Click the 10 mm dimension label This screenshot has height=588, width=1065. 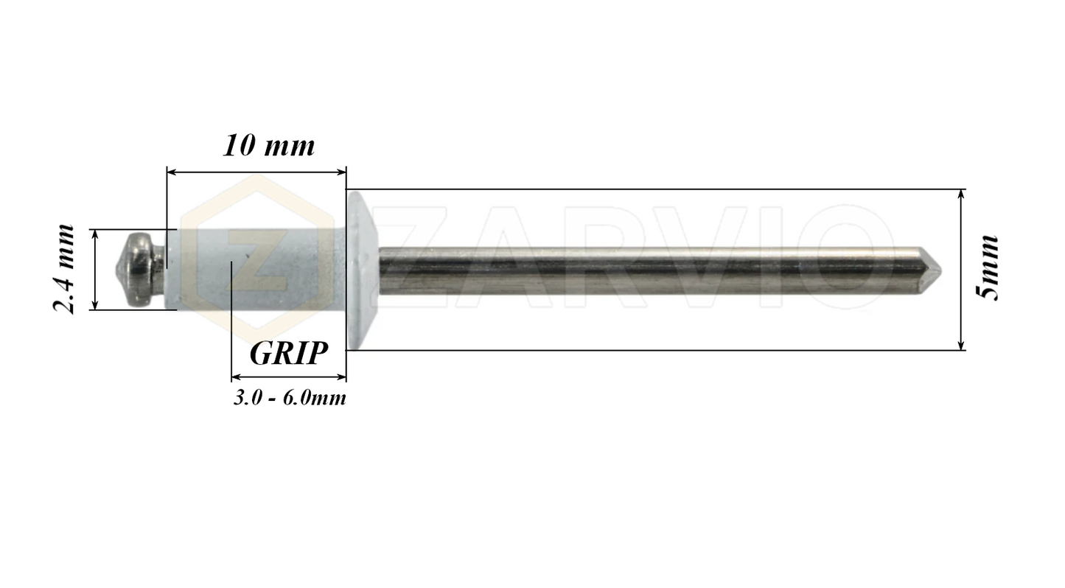point(269,145)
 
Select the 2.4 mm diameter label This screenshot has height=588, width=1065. point(65,269)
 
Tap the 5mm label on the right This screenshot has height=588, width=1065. point(986,267)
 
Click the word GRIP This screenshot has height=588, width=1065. point(288,354)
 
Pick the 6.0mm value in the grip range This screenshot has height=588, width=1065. point(315,399)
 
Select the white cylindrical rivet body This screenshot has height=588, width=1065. point(254,269)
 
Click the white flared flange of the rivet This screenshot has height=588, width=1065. point(362,270)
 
